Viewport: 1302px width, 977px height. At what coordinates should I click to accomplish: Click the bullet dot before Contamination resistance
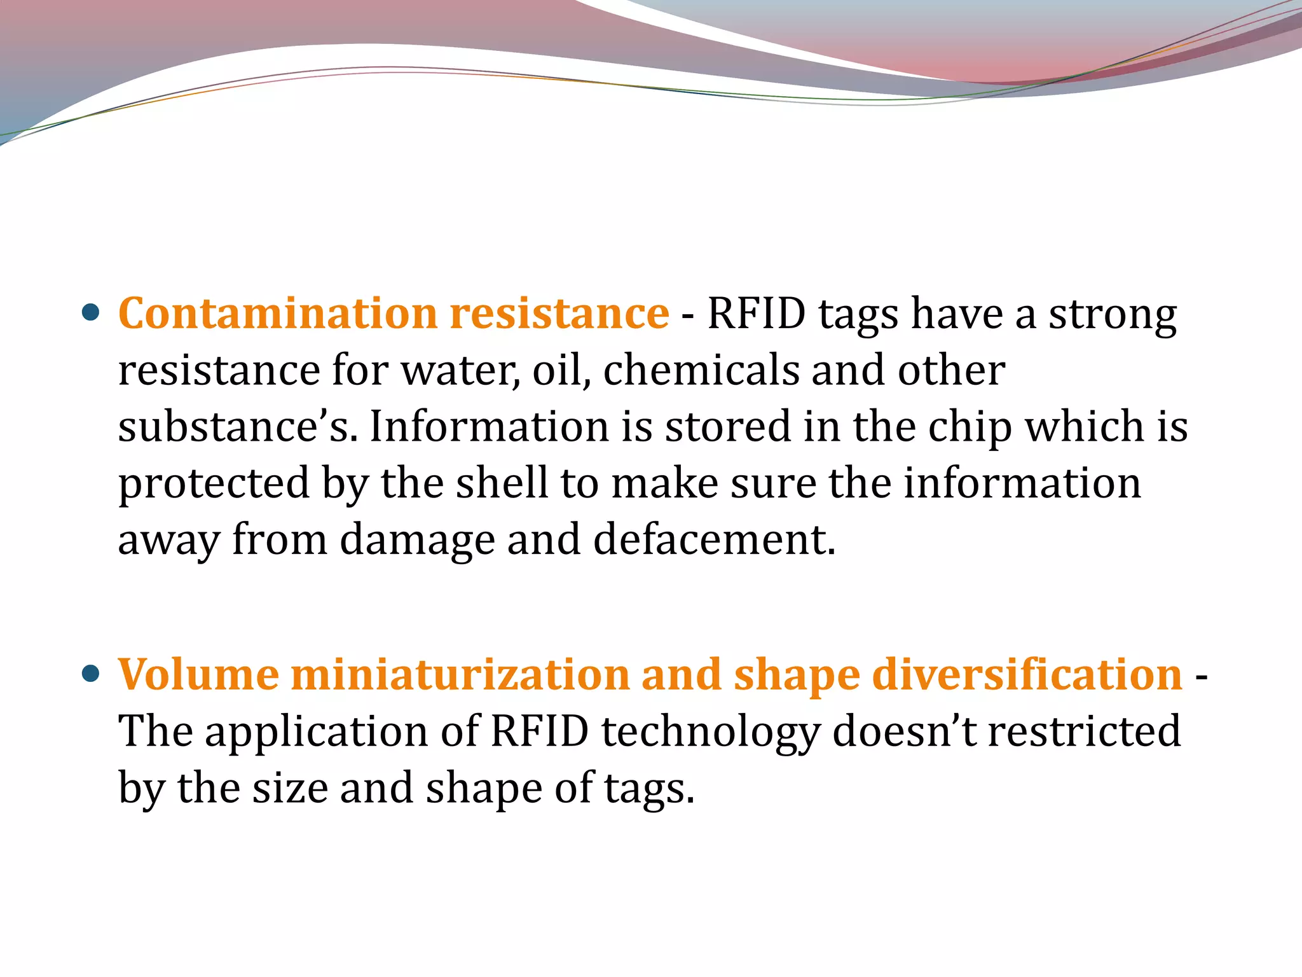[x=91, y=312]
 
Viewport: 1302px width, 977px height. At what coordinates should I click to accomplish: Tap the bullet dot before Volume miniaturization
[x=91, y=673]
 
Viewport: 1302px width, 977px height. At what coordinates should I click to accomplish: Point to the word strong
[x=1112, y=315]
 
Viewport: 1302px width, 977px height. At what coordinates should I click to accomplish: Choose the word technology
[x=711, y=732]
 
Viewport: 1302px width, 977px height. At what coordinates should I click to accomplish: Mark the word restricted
[x=1084, y=731]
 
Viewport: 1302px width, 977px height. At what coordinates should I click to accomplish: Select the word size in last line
[x=290, y=788]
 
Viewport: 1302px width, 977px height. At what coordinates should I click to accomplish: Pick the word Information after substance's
[x=490, y=427]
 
